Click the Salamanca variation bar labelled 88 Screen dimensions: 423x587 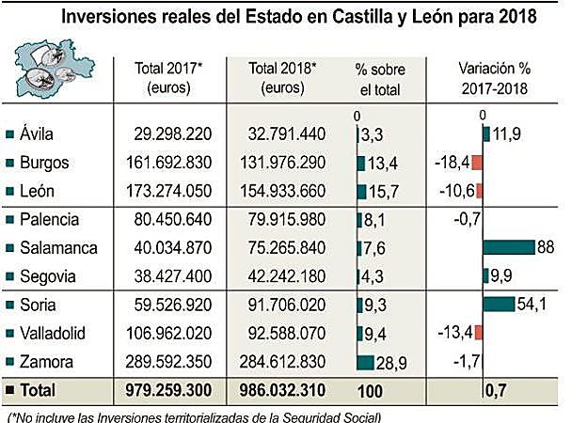pyautogui.click(x=509, y=247)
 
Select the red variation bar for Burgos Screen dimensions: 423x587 pyautogui.click(x=477, y=163)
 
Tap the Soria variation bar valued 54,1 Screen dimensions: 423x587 pyautogui.click(x=499, y=304)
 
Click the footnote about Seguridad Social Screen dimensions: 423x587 pyautogui.click(x=193, y=415)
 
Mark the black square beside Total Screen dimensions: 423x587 pyautogui.click(x=9, y=389)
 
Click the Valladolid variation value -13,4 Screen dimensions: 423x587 pyautogui.click(x=452, y=332)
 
